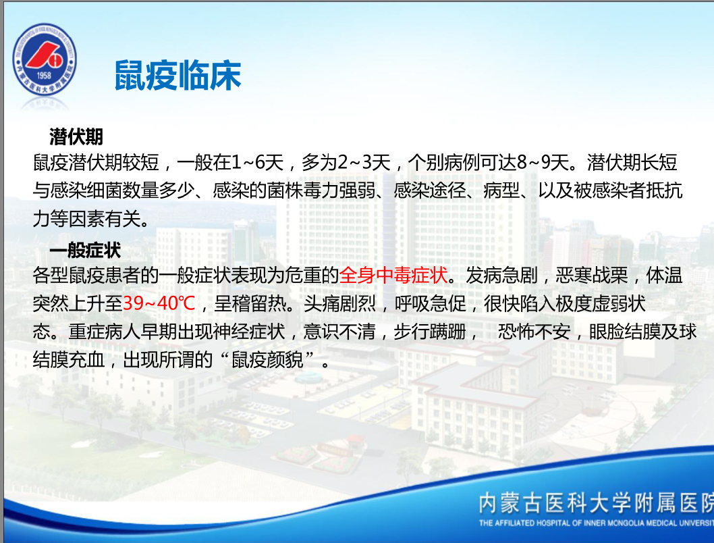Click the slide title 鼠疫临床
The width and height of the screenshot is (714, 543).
[177, 75]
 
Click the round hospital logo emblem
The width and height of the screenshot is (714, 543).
[44, 59]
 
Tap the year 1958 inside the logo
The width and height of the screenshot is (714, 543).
[44, 76]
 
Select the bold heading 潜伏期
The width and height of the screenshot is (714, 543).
[76, 136]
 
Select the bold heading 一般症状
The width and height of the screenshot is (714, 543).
[85, 250]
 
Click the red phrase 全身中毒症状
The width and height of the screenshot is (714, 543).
[393, 275]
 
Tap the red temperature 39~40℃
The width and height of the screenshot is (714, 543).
[159, 303]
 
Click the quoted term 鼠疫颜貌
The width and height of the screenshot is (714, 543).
[267, 360]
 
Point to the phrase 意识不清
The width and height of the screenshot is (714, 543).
[339, 332]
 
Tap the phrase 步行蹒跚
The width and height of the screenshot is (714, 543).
[430, 332]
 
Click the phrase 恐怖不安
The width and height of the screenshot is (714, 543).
[534, 332]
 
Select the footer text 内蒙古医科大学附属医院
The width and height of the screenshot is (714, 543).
[596, 503]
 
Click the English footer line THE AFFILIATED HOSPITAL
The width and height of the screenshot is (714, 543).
[596, 523]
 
